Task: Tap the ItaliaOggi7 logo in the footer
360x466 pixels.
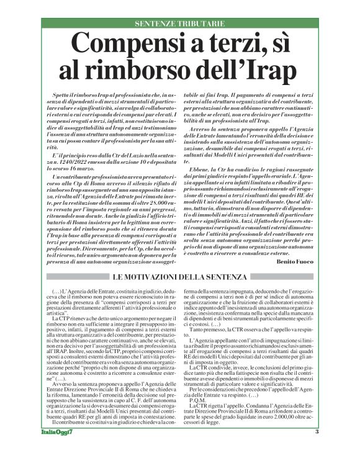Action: (63, 449)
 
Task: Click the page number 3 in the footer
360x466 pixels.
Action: (317, 449)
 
